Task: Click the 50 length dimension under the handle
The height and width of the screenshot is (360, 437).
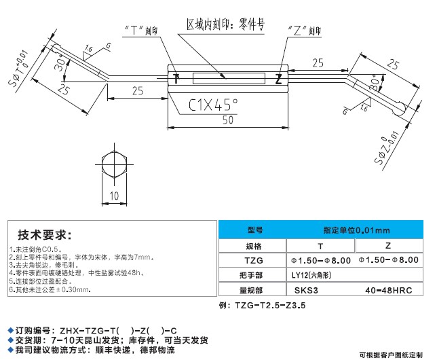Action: [x=228, y=120]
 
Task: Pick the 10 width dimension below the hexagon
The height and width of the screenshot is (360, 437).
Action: [x=115, y=196]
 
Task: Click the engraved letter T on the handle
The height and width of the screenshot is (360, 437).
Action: [x=175, y=78]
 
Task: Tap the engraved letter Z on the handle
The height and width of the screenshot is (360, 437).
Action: [x=278, y=79]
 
